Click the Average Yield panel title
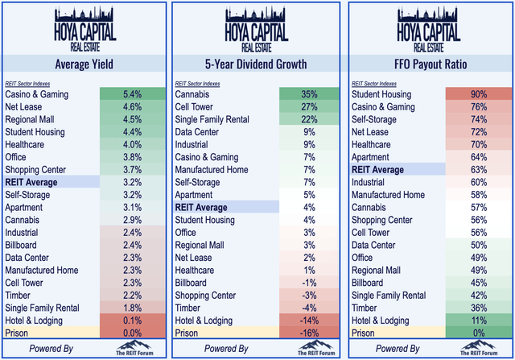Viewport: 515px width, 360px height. (84, 64)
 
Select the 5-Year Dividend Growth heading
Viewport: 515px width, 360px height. (257, 64)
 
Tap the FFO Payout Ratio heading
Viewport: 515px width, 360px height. (429, 64)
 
